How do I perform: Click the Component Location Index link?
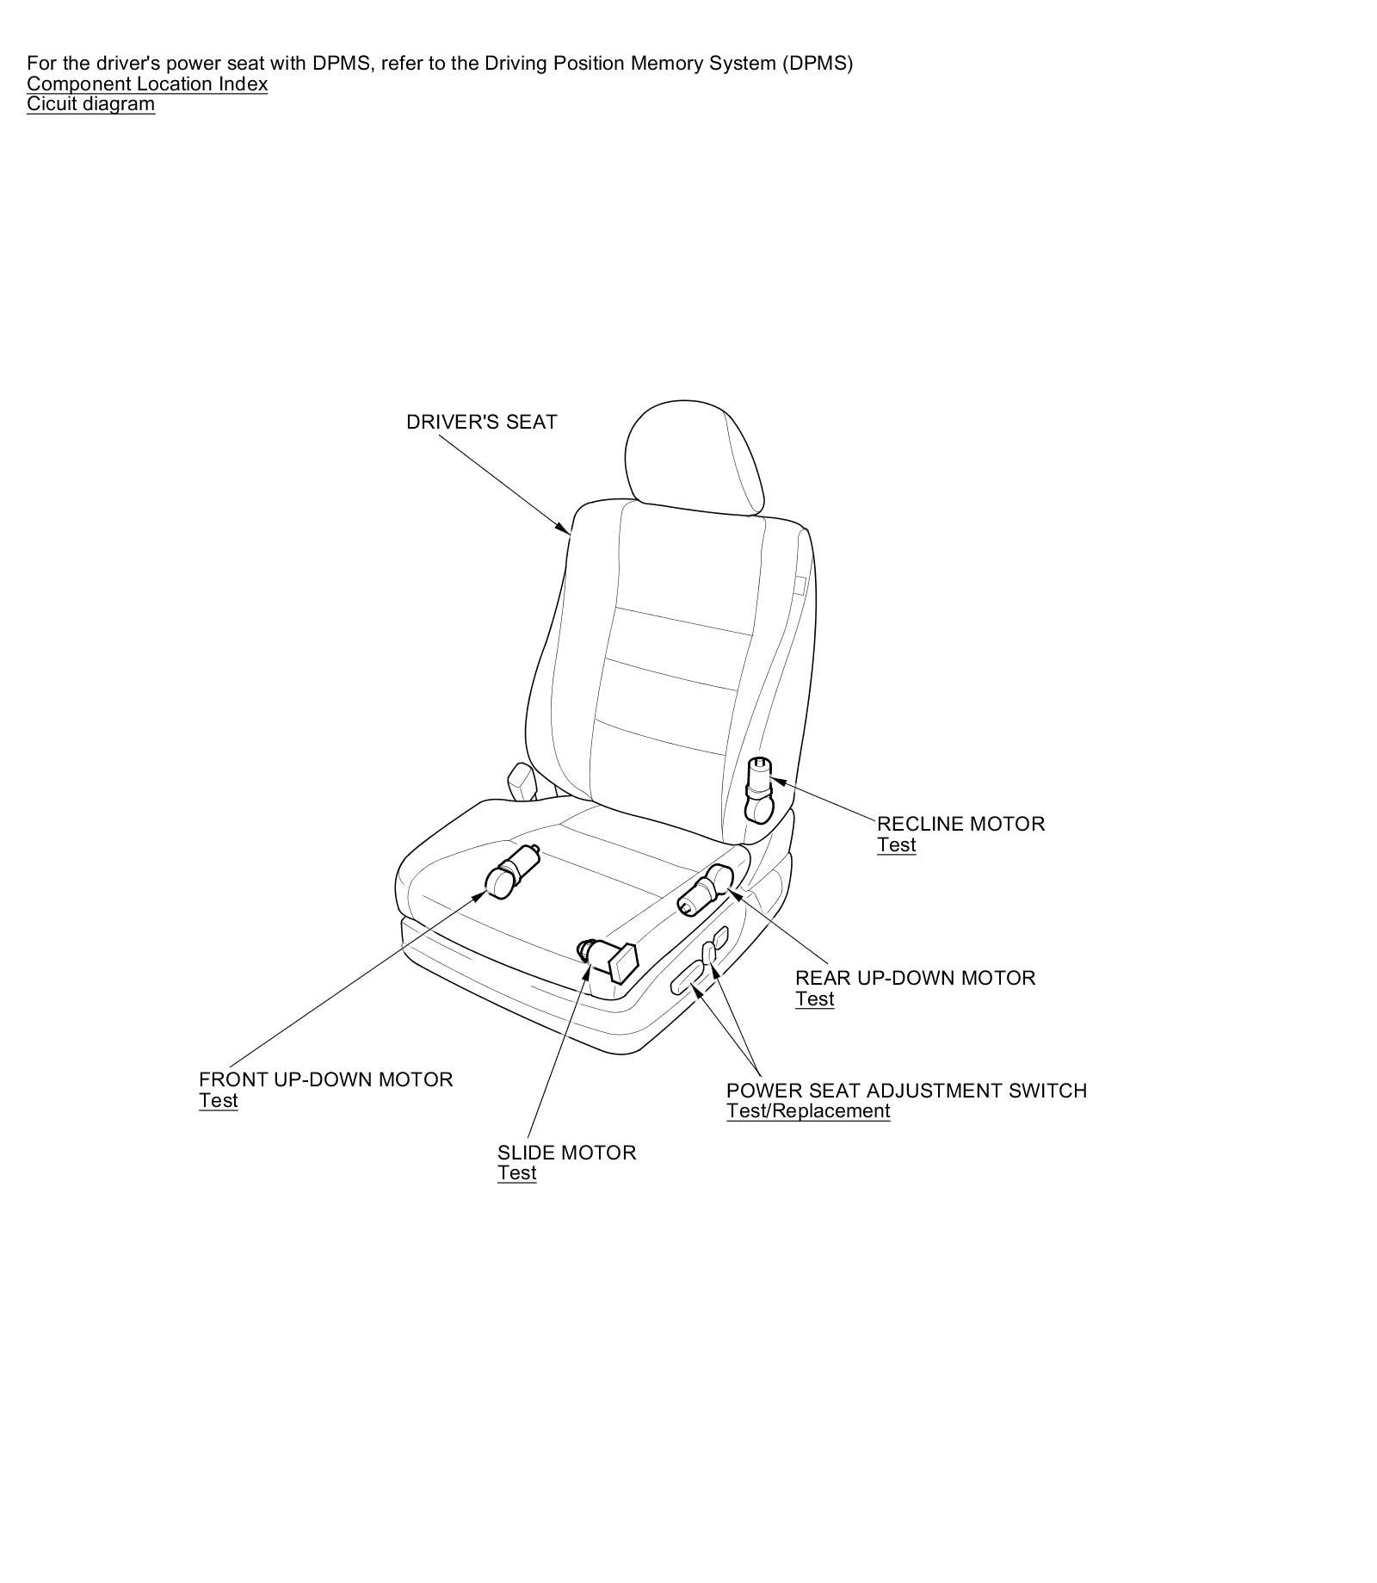[147, 84]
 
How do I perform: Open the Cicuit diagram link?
[90, 104]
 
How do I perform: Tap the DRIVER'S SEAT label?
[481, 422]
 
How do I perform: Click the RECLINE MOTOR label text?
[960, 824]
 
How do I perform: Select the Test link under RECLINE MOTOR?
[896, 845]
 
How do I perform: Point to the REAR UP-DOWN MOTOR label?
[915, 978]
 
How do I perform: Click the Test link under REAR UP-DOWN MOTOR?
[814, 999]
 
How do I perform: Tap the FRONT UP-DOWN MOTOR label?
[325, 1079]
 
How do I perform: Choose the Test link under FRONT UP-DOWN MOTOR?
[218, 1101]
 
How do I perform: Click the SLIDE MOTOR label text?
[566, 1153]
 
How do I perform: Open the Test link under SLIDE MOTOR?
[516, 1173]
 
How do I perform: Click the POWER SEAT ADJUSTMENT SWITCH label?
[906, 1091]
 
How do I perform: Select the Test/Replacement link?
[807, 1111]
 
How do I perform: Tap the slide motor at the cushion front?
[608, 958]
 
